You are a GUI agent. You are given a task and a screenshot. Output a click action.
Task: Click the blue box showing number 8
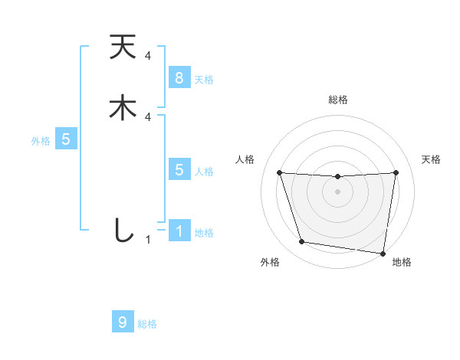tap(179, 77)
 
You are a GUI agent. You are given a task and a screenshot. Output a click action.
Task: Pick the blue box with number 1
tap(179, 231)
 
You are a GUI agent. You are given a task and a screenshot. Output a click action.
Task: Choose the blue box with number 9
tap(123, 322)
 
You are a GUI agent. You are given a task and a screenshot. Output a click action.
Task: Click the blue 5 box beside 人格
tap(179, 169)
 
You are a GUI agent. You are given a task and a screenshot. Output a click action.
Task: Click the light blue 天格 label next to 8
tap(204, 79)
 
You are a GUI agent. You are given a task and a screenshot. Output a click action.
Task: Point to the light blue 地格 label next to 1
tap(204, 232)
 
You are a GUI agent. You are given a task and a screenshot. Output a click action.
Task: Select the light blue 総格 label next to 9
tap(147, 323)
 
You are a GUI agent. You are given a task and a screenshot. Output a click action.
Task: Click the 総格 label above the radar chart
tap(337, 100)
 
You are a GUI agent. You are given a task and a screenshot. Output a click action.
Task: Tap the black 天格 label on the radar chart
tap(431, 159)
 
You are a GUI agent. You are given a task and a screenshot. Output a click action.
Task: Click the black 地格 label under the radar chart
tap(402, 262)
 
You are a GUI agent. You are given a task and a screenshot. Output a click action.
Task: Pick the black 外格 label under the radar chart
tap(270, 262)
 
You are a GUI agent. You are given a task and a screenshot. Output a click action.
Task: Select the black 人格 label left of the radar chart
tap(245, 159)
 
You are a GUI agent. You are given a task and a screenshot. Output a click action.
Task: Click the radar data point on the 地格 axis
tap(383, 253)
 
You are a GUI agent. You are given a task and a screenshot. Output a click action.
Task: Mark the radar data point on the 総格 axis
tap(337, 177)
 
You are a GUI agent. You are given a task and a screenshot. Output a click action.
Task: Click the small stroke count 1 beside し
tap(148, 240)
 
